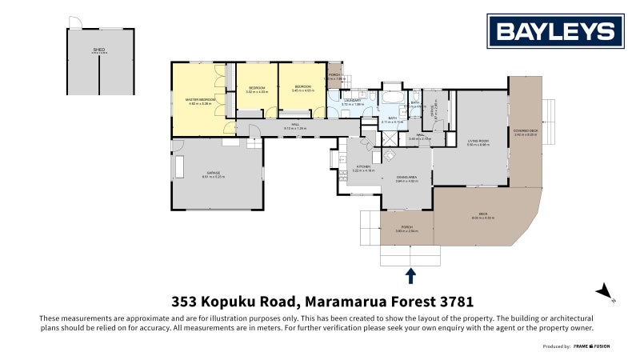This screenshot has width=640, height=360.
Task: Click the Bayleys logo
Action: [x=556, y=32]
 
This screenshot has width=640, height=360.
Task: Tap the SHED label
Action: [x=98, y=50]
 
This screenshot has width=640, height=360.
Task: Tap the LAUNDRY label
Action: [x=353, y=101]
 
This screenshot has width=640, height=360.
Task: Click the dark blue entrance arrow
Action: [x=410, y=276]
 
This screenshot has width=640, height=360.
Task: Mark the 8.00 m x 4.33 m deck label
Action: [x=484, y=217]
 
